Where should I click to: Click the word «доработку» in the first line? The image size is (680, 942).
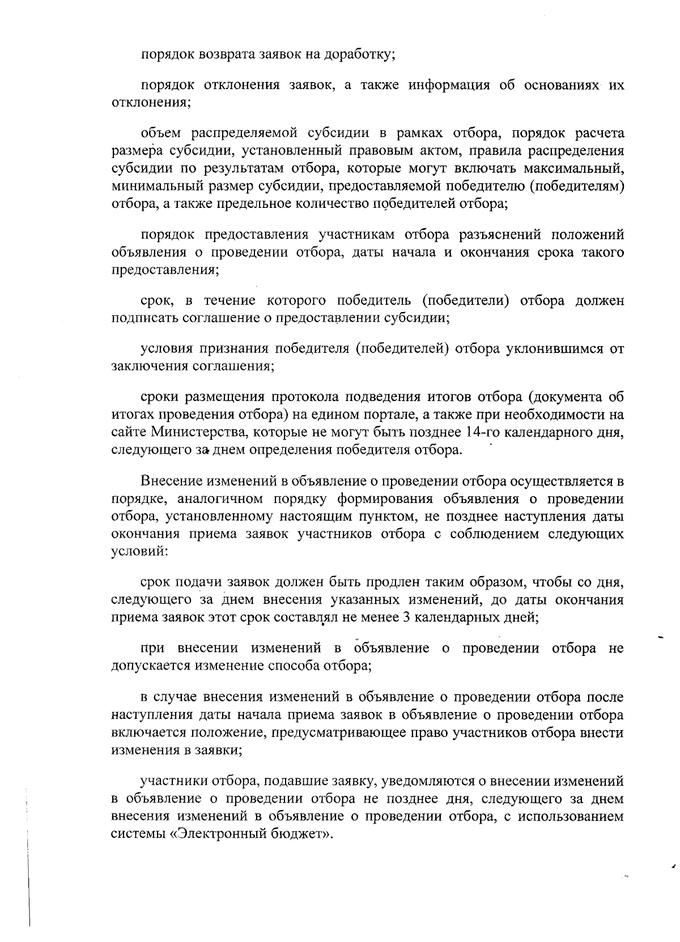pyautogui.click(x=359, y=55)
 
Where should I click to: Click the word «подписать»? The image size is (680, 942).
pyautogui.click(x=144, y=317)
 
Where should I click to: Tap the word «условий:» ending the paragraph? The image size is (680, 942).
pyautogui.click(x=139, y=551)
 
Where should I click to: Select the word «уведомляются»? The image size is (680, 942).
pyautogui.click(x=425, y=782)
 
